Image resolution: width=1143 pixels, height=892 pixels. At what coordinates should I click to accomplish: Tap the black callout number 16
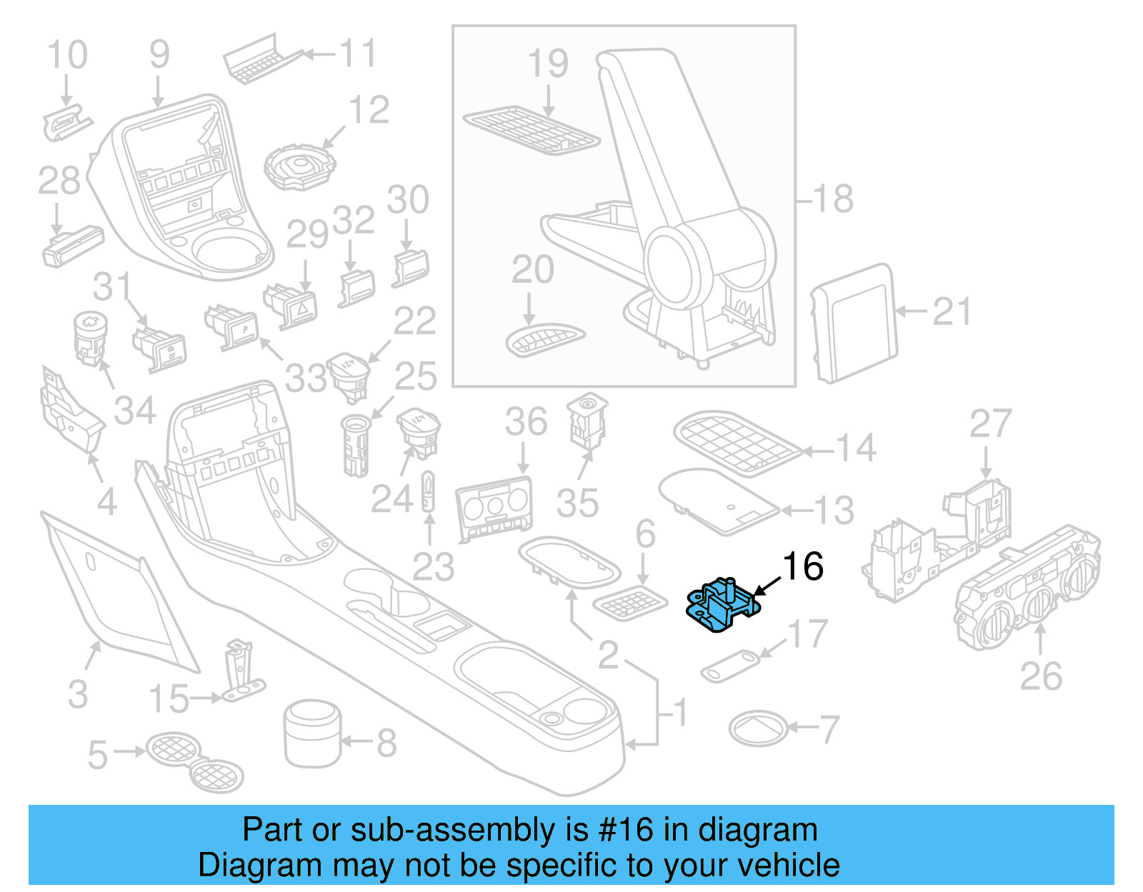click(x=803, y=567)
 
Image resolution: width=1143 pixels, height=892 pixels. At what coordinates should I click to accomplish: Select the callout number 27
click(x=990, y=424)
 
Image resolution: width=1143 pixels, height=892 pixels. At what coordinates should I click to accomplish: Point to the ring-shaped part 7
click(x=758, y=729)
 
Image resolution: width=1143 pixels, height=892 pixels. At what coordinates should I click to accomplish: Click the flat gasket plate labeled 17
click(x=729, y=666)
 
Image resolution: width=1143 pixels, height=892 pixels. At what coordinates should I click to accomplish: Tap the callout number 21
click(x=952, y=312)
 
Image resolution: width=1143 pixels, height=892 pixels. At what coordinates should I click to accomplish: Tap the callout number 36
click(x=526, y=422)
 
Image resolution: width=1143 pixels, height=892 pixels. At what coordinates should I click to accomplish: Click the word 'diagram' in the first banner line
click(x=757, y=831)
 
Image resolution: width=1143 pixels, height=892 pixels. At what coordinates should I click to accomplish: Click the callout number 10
click(x=67, y=56)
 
